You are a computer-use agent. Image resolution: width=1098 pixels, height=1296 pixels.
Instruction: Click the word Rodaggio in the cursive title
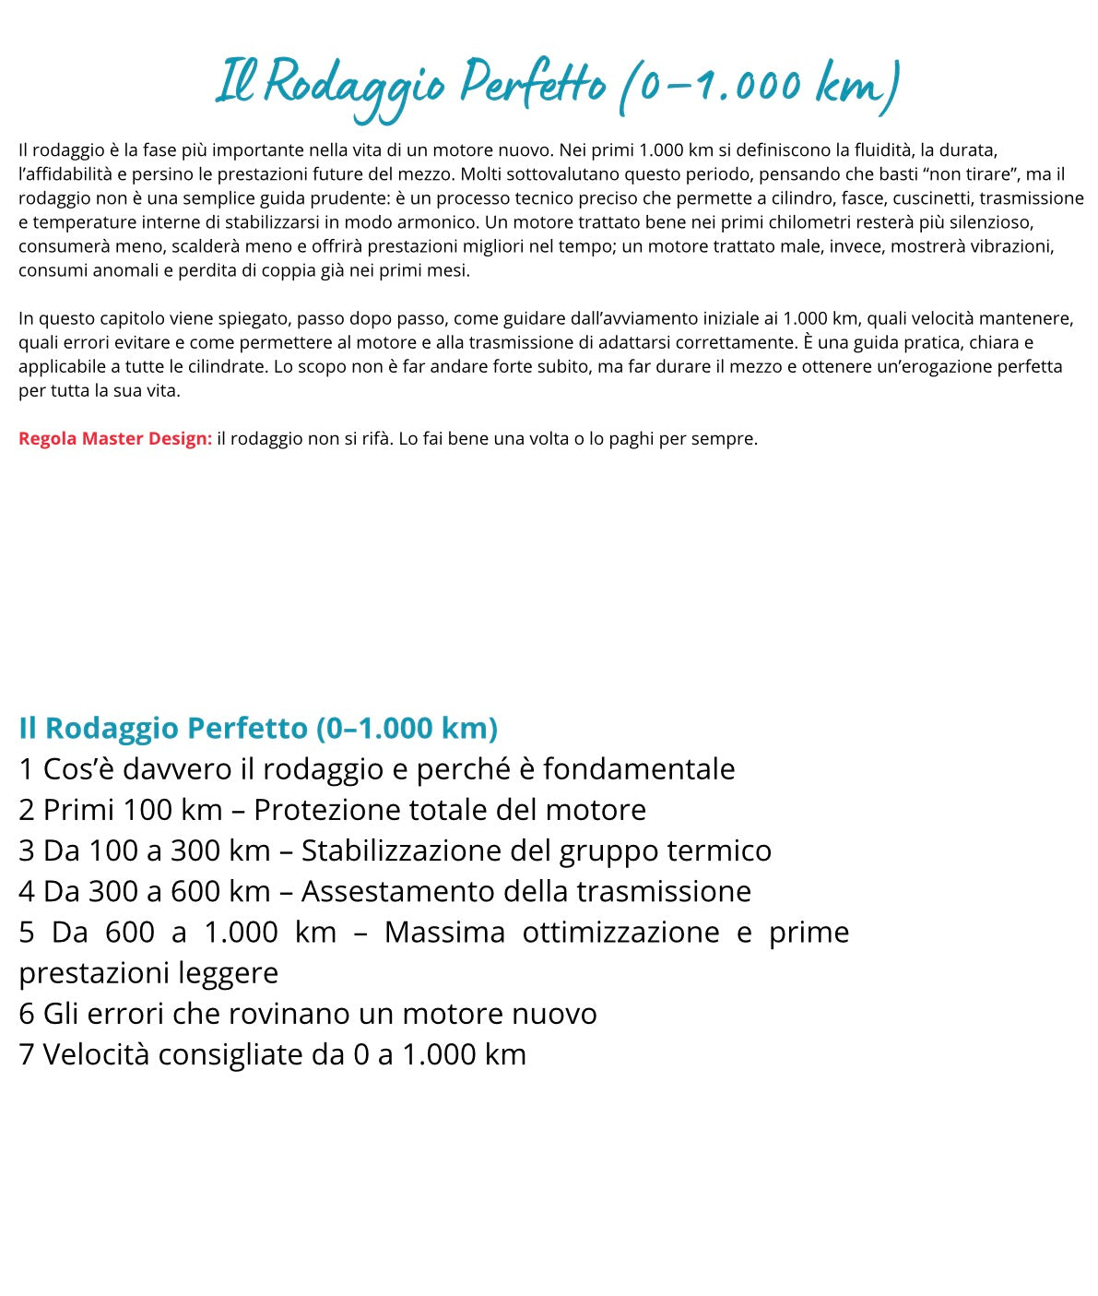click(x=355, y=85)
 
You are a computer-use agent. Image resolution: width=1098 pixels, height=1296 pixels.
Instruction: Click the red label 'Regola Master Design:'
click(x=115, y=438)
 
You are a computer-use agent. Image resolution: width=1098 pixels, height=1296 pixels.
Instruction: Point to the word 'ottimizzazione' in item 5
click(x=620, y=932)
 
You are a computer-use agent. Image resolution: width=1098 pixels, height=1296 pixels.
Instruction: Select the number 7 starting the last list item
click(x=27, y=1054)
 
